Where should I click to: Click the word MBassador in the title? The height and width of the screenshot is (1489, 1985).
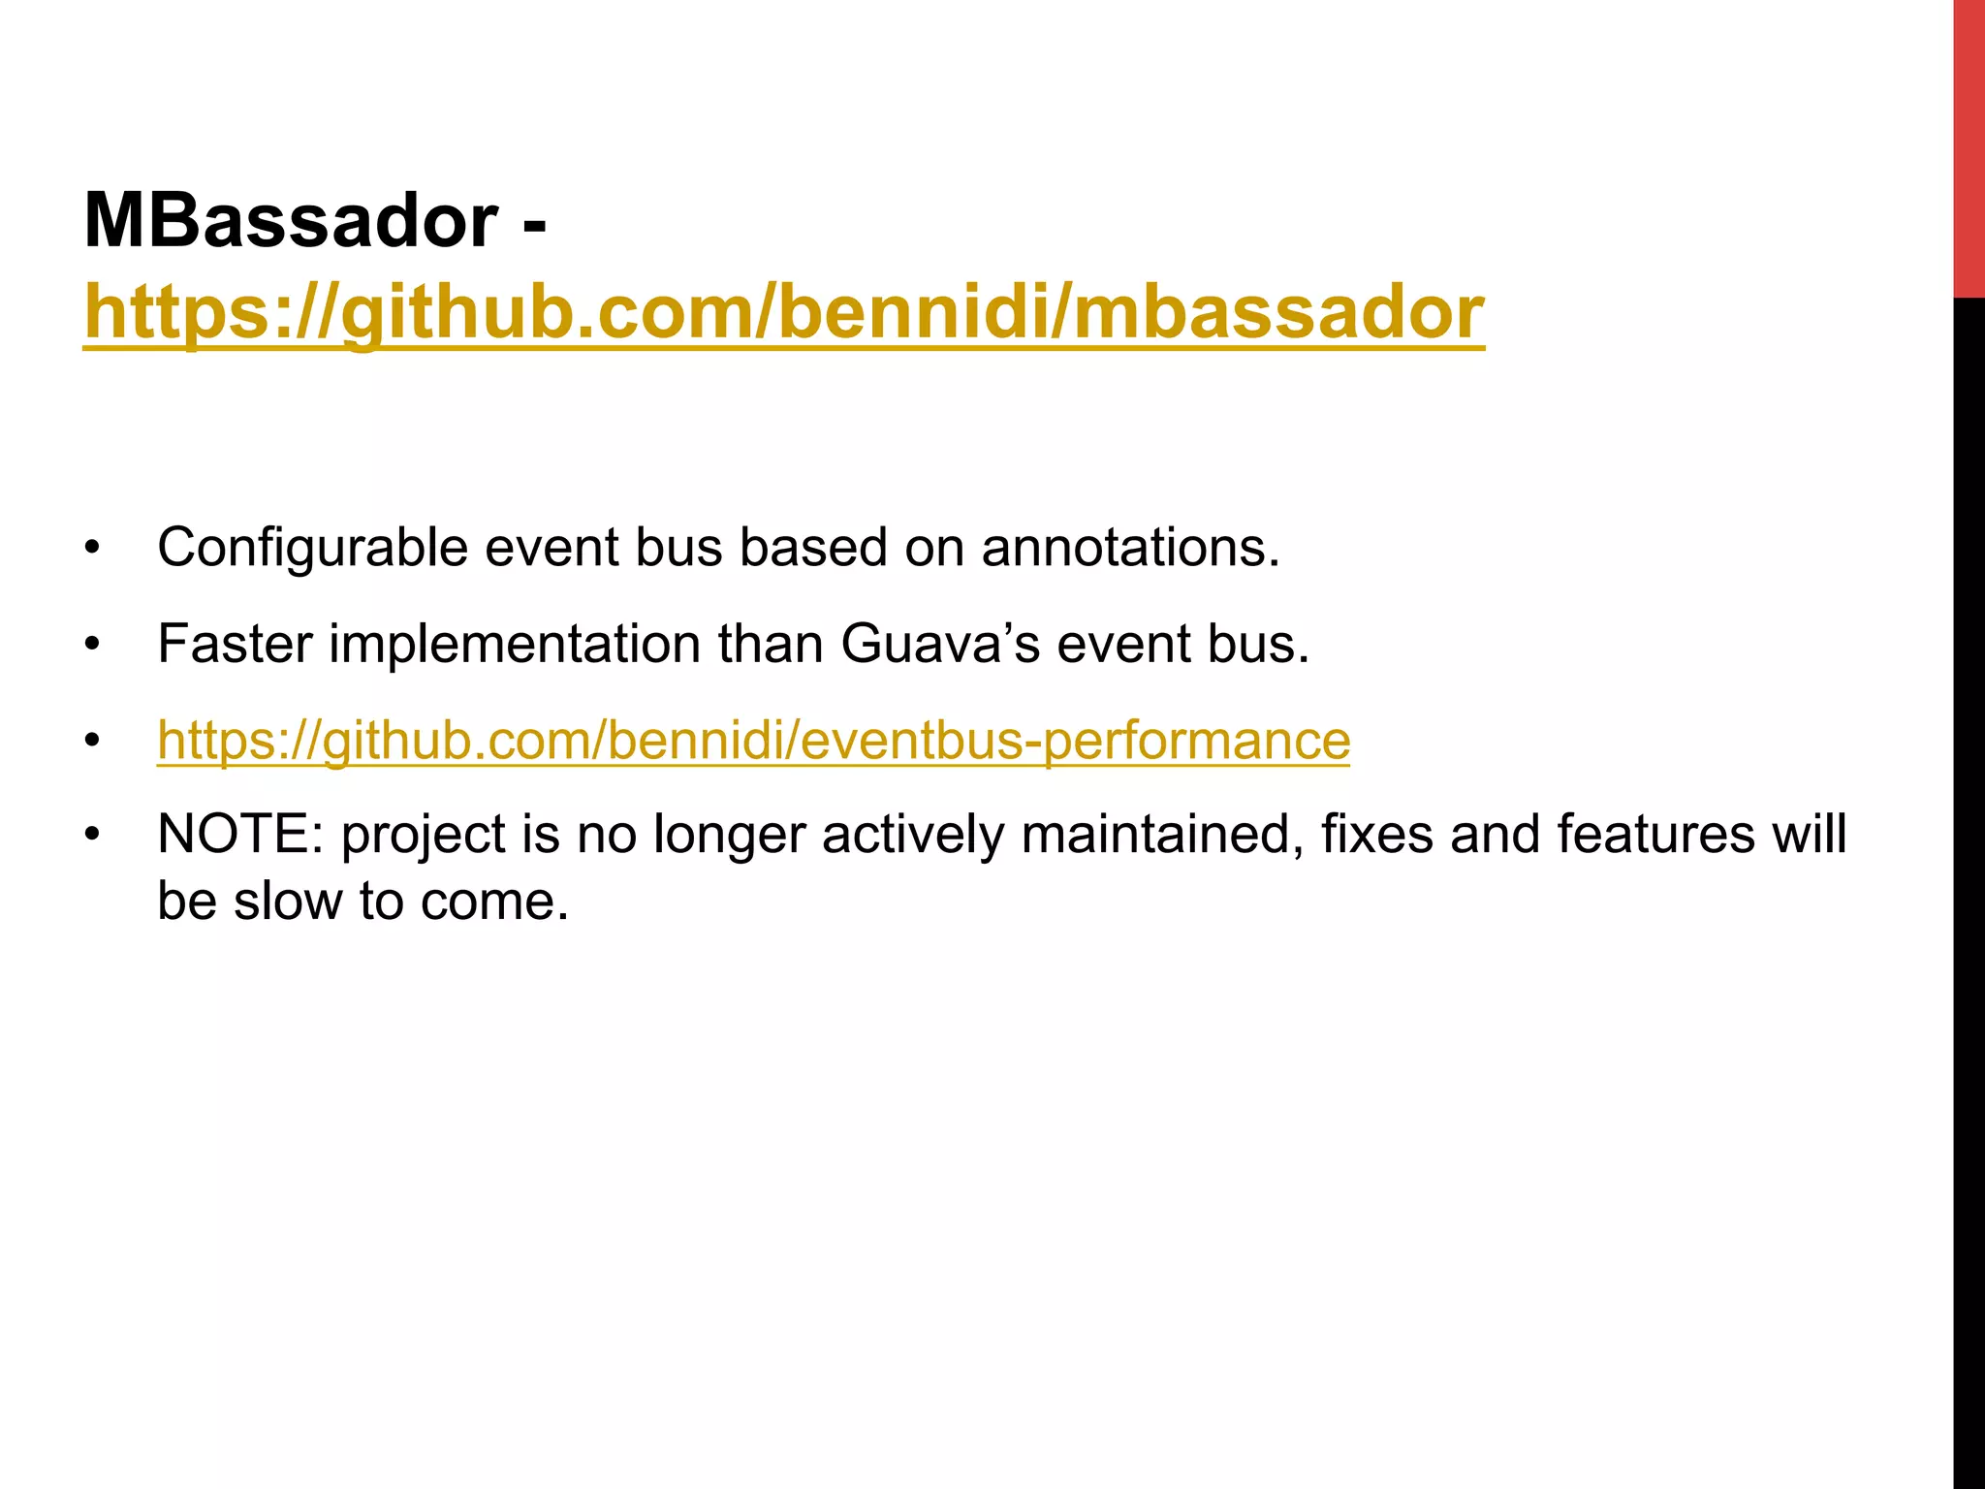tap(291, 222)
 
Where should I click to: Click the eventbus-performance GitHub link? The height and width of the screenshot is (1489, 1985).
tap(753, 741)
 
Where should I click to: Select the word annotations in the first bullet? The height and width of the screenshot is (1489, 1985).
tap(1130, 549)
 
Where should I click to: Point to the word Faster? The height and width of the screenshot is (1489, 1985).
tap(235, 644)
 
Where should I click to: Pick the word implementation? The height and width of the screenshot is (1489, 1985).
tap(515, 644)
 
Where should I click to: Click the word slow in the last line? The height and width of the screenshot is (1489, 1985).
tap(288, 902)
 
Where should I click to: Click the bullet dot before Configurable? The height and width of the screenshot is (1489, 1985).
tap(92, 549)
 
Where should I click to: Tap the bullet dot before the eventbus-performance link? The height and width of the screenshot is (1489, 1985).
tap(92, 742)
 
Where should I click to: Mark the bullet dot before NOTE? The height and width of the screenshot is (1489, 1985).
tap(92, 835)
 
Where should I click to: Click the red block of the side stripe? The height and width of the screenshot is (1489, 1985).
tap(1969, 145)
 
